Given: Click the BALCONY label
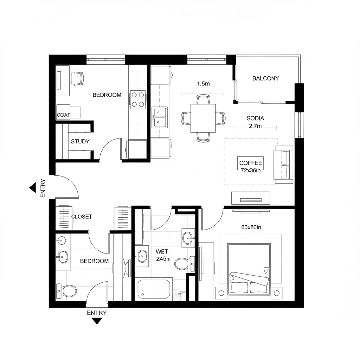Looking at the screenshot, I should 265,78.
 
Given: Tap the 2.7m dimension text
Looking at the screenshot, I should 255,126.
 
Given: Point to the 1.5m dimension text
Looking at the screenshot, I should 203,84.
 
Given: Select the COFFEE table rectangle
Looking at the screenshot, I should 250,165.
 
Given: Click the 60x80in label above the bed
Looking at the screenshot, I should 251,227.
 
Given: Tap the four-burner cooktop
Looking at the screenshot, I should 138,99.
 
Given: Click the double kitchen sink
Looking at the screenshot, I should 160,117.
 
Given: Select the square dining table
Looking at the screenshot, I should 203,118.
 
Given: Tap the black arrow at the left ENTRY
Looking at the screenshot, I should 32,188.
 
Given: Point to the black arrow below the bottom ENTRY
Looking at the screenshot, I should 97,321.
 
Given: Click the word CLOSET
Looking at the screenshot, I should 82,217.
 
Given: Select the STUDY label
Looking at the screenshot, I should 80,141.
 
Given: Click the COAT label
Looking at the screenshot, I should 63,115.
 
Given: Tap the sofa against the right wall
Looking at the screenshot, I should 284,165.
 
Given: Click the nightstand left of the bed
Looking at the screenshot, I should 221,293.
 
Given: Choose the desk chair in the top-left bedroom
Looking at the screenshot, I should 78,78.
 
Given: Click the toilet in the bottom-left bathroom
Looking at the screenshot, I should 67,291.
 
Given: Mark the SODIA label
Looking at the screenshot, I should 255,118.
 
